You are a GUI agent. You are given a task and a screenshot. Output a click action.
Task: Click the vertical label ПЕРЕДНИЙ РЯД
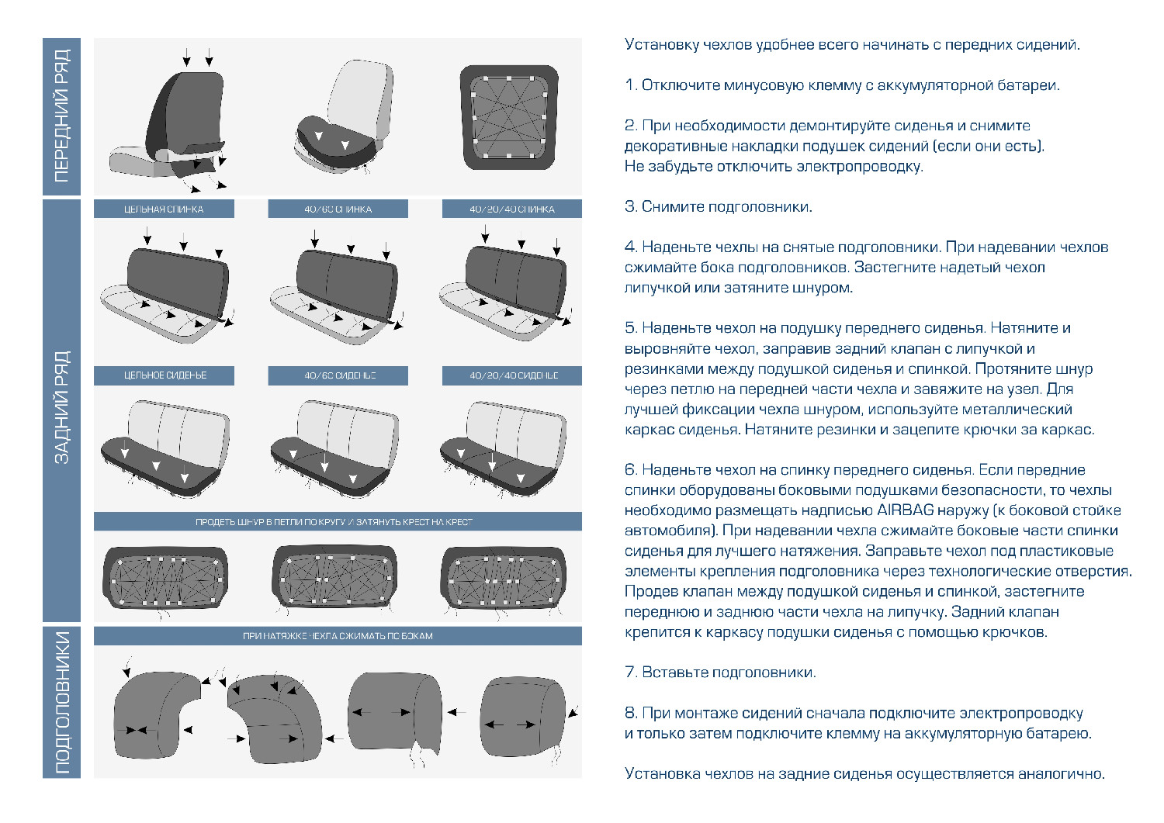pyautogui.click(x=61, y=116)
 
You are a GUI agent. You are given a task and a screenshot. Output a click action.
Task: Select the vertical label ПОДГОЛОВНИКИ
pyautogui.click(x=61, y=702)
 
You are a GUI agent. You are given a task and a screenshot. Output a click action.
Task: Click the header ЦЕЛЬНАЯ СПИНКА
pyautogui.click(x=164, y=209)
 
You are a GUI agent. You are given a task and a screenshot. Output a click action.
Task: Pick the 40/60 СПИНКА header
pyautogui.click(x=338, y=209)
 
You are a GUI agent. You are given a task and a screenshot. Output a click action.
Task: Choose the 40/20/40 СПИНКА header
pyautogui.click(x=512, y=209)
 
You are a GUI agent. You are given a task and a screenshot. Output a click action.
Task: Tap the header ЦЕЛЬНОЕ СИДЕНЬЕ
pyautogui.click(x=164, y=375)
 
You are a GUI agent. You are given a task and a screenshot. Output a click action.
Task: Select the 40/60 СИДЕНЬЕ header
pyautogui.click(x=338, y=375)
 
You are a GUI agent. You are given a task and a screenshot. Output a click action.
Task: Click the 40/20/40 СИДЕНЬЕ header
pyautogui.click(x=512, y=375)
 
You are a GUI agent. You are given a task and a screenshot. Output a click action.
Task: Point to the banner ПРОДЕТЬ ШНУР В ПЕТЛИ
pyautogui.click(x=338, y=522)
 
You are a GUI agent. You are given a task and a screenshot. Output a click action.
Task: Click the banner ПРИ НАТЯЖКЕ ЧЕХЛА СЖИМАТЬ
pyautogui.click(x=338, y=636)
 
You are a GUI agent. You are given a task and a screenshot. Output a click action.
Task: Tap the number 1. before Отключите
pyautogui.click(x=631, y=85)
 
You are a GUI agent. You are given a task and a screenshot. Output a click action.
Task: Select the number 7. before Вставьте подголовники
pyautogui.click(x=631, y=673)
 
